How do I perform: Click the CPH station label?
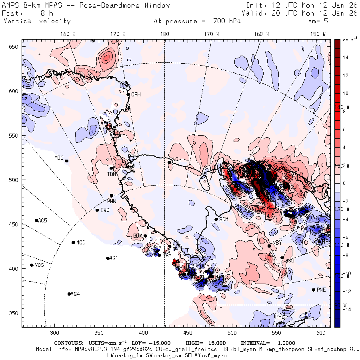[136, 94]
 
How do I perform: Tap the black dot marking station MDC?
[66, 161]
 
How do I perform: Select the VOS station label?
[39, 265]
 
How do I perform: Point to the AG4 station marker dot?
[69, 294]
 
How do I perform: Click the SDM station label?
[224, 219]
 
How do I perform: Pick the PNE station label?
[321, 290]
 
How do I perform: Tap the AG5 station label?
[42, 220]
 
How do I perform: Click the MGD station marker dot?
[73, 242]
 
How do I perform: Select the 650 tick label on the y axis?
[15, 47]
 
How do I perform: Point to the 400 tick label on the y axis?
[15, 268]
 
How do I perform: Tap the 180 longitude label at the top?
[164, 34]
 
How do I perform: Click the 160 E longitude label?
[68, 34]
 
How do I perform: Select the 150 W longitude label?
[318, 34]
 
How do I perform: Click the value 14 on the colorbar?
[346, 58]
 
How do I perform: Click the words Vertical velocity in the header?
[37, 21]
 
